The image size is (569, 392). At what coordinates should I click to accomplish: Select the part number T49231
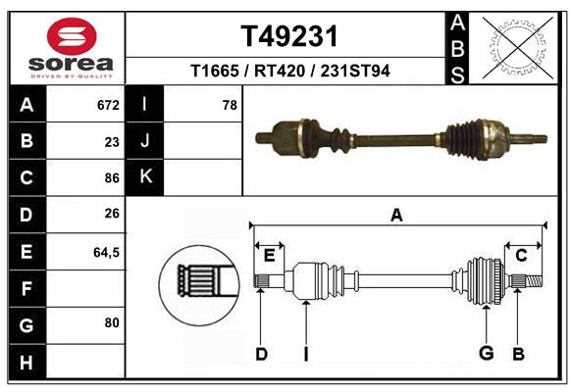[x=289, y=36]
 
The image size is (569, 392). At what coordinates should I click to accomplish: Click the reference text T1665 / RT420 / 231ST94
[x=289, y=72]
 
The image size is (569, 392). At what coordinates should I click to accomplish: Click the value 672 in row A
[x=107, y=105]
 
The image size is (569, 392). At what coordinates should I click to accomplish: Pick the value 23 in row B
[x=112, y=141]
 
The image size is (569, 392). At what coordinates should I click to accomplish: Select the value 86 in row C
[x=111, y=178]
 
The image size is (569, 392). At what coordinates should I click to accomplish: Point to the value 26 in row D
[x=111, y=214]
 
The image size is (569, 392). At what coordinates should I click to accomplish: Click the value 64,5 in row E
[x=106, y=252]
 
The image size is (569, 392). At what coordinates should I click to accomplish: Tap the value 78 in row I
[x=230, y=105]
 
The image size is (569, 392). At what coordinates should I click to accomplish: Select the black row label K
[x=145, y=177]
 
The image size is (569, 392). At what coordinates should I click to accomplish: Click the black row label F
[x=26, y=288]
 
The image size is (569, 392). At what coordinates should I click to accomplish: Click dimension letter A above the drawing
[x=396, y=215]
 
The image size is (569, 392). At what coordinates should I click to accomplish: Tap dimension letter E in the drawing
[x=269, y=256]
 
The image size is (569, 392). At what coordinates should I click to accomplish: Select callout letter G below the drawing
[x=485, y=354]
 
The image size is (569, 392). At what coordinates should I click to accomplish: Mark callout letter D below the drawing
[x=261, y=354]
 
